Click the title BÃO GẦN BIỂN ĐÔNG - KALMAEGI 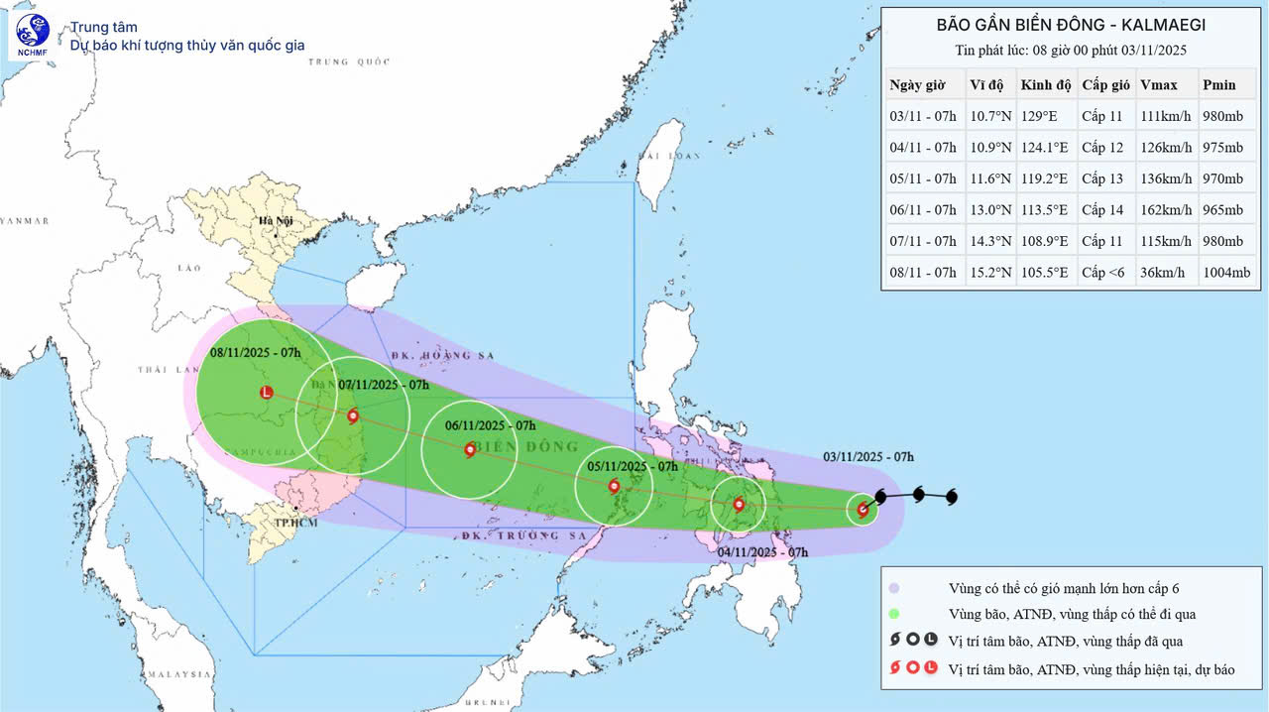click(x=1073, y=24)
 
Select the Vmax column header click(x=1157, y=84)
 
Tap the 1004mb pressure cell click(x=1226, y=272)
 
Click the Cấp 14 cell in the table click(x=1101, y=209)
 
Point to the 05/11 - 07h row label click(x=923, y=178)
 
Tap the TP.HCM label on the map click(x=296, y=522)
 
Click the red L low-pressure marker click(x=266, y=393)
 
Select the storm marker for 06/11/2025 click(x=470, y=449)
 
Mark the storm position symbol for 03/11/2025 click(x=863, y=510)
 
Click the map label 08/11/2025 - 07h click(x=255, y=352)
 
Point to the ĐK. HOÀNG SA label click(x=428, y=354)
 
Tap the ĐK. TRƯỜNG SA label click(x=524, y=535)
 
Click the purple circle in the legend click(x=894, y=587)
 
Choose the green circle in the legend click(x=894, y=614)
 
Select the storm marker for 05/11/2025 click(x=614, y=486)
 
